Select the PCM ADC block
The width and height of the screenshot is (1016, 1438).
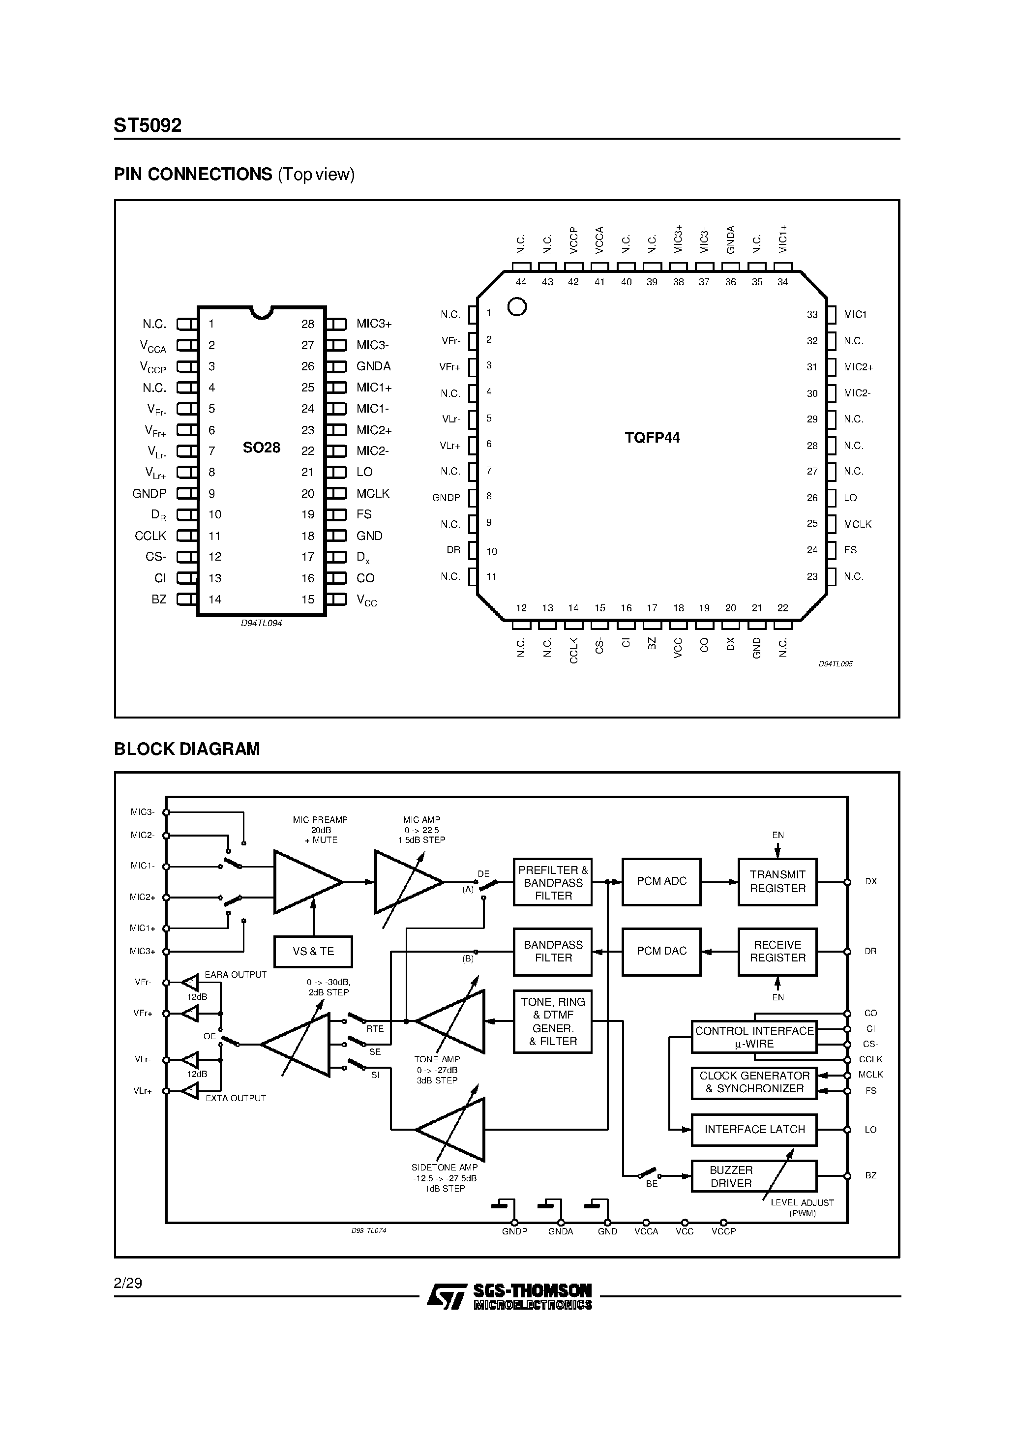pos(661,881)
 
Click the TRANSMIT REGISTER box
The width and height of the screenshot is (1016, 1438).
pos(777,881)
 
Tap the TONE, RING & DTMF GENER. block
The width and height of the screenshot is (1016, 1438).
pos(552,1021)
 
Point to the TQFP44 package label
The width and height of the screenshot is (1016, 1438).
pos(652,438)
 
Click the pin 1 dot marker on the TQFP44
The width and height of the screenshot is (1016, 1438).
pos(517,306)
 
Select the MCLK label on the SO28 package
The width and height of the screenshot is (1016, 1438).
pos(373,494)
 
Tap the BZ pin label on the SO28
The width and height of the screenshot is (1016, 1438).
pos(159,599)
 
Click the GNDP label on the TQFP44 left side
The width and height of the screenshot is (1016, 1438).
pos(446,498)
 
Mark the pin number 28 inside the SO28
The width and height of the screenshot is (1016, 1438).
pos(307,324)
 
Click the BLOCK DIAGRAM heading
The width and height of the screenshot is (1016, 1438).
pos(187,749)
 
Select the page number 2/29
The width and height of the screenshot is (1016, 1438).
pos(128,1283)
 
